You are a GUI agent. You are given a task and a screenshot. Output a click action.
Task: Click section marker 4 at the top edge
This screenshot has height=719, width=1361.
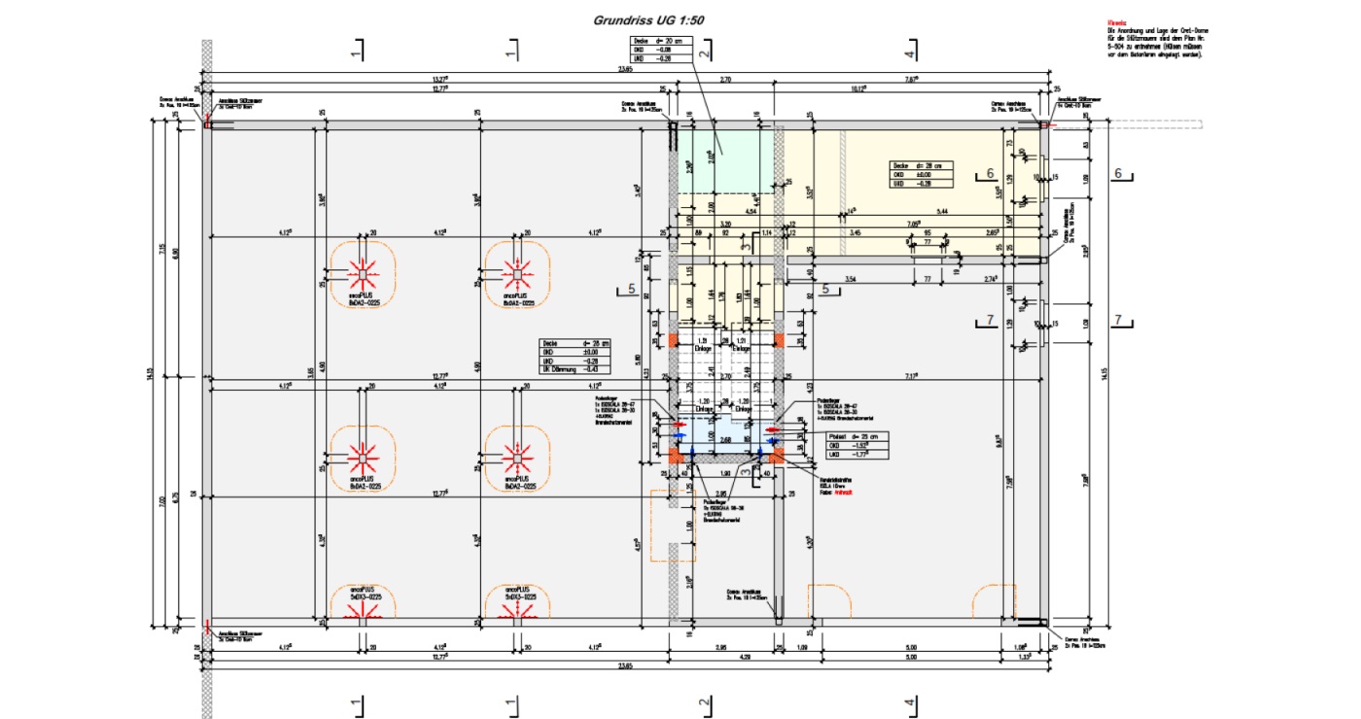click(x=909, y=51)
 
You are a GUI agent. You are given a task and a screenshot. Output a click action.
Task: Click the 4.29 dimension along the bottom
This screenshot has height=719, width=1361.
click(x=744, y=657)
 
